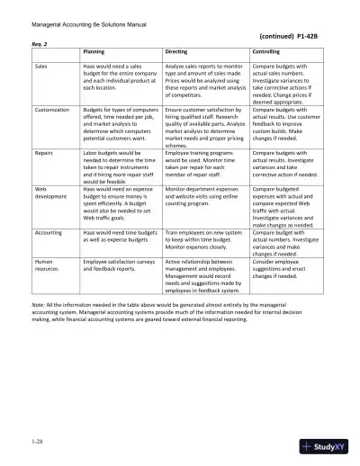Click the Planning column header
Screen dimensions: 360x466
coord(95,52)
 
